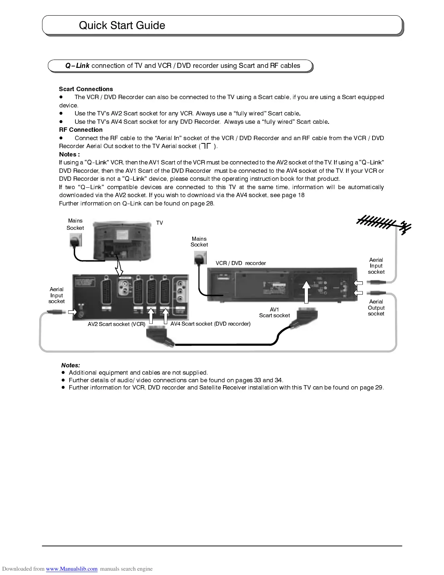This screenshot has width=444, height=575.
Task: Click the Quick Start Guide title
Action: click(x=122, y=25)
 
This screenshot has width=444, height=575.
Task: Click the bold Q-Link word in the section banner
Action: click(x=77, y=66)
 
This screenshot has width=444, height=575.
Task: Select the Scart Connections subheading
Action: click(x=86, y=89)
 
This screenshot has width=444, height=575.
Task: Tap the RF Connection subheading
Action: click(x=81, y=130)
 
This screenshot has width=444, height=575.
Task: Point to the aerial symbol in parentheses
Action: click(x=206, y=146)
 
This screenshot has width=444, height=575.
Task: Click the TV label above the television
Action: click(x=160, y=223)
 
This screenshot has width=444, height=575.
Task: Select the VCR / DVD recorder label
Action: click(x=240, y=263)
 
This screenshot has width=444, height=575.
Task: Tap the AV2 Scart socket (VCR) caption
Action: click(x=116, y=324)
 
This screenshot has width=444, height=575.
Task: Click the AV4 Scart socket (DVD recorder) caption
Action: click(x=210, y=324)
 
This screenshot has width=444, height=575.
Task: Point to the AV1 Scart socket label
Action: click(x=274, y=313)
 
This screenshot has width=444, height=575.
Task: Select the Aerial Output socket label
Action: click(x=376, y=308)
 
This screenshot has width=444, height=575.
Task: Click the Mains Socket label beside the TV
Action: click(x=75, y=224)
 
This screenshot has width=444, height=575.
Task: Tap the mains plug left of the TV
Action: click(x=76, y=240)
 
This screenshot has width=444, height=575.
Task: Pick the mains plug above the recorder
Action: click(x=199, y=258)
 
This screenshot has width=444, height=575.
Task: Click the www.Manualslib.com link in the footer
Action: click(x=71, y=569)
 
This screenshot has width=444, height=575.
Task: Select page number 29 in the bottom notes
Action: click(x=379, y=388)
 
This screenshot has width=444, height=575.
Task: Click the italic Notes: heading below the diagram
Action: click(x=70, y=365)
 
